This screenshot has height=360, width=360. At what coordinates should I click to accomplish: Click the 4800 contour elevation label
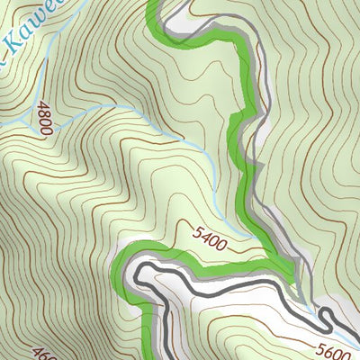(43, 118)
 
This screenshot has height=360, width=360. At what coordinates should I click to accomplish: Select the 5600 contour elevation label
(334, 348)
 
